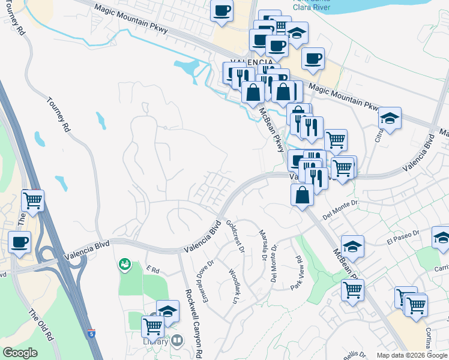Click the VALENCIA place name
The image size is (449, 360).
256,62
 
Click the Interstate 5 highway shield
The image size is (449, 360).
90,333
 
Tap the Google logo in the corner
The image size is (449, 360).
20,353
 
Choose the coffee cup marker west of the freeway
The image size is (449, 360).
20,242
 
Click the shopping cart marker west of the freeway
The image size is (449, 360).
33,200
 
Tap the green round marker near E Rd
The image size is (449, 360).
124,263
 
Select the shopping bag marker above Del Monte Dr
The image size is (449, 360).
302,194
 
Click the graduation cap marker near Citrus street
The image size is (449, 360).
390,119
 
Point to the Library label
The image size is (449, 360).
155,341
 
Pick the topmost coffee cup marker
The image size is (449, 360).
221,10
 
